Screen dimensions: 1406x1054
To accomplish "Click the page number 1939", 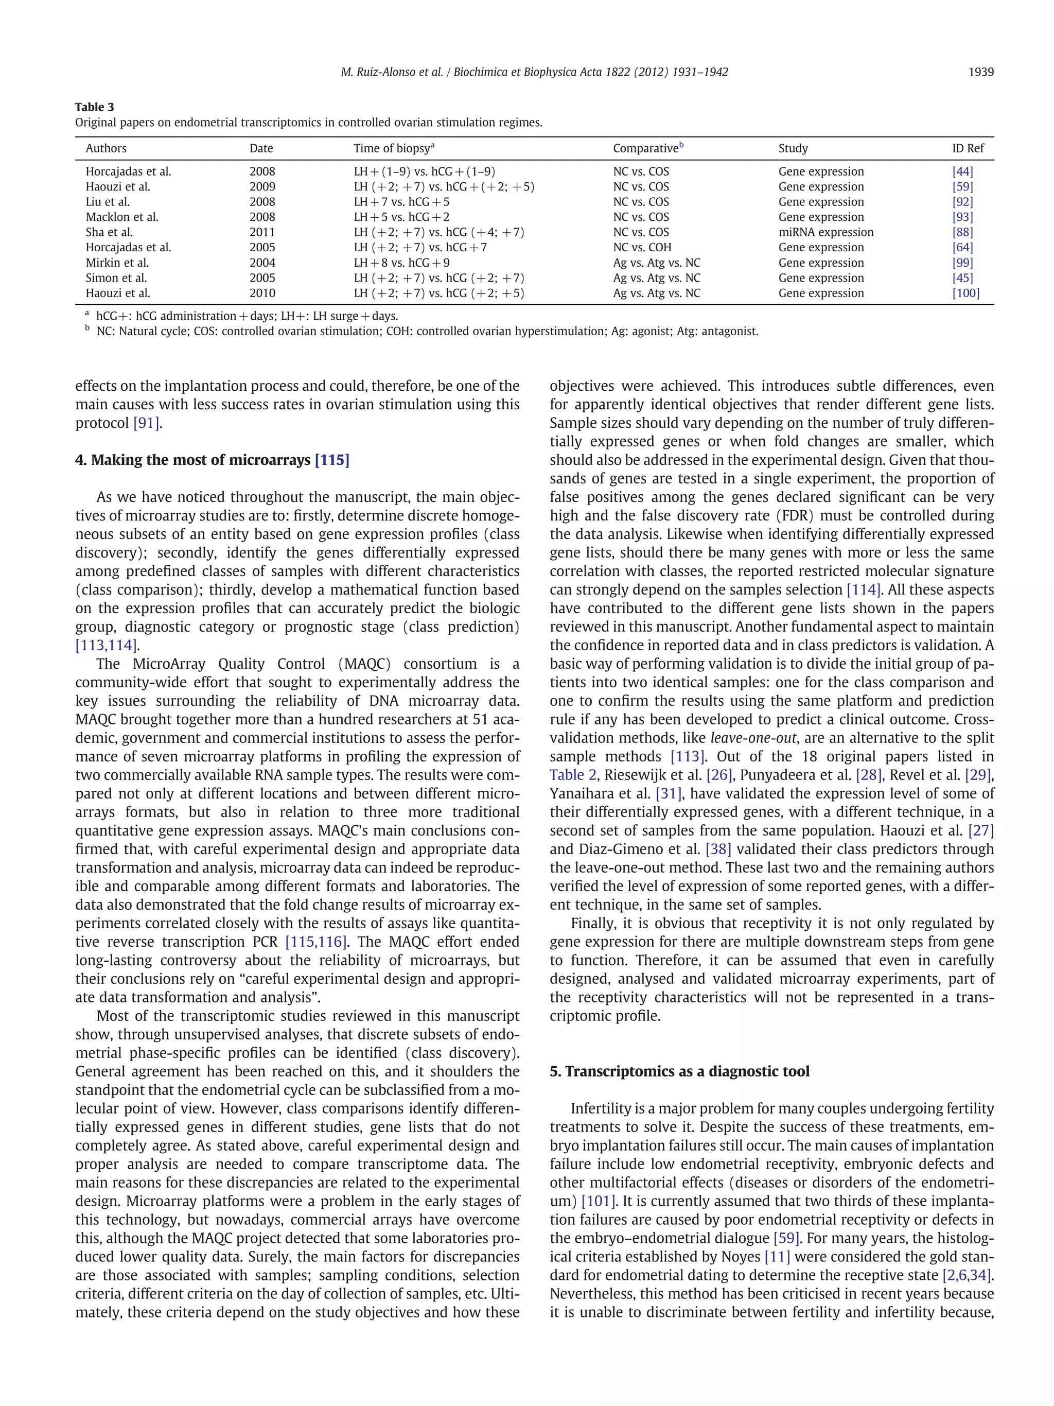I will (980, 73).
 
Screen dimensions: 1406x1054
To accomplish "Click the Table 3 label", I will (95, 107).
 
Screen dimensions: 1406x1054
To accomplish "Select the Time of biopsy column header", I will (393, 148).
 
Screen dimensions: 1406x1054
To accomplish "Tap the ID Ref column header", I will (967, 148).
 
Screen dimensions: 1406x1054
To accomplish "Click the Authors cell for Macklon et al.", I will (122, 217).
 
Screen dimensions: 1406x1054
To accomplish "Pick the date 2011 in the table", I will (262, 233).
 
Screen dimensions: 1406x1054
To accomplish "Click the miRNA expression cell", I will (825, 233).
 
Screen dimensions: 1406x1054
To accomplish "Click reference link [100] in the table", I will (965, 293).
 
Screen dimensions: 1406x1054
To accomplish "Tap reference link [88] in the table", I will (962, 233).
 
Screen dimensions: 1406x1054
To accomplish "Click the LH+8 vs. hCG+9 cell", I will (401, 263).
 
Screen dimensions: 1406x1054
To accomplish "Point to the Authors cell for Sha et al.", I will (109, 233).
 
